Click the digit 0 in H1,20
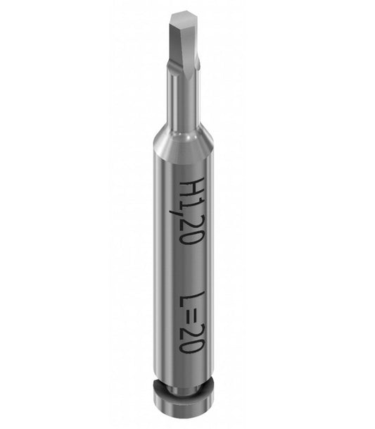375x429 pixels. pyautogui.click(x=192, y=237)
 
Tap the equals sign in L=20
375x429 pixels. pyautogui.click(x=191, y=316)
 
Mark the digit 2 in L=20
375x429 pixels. pyautogui.click(x=192, y=332)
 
